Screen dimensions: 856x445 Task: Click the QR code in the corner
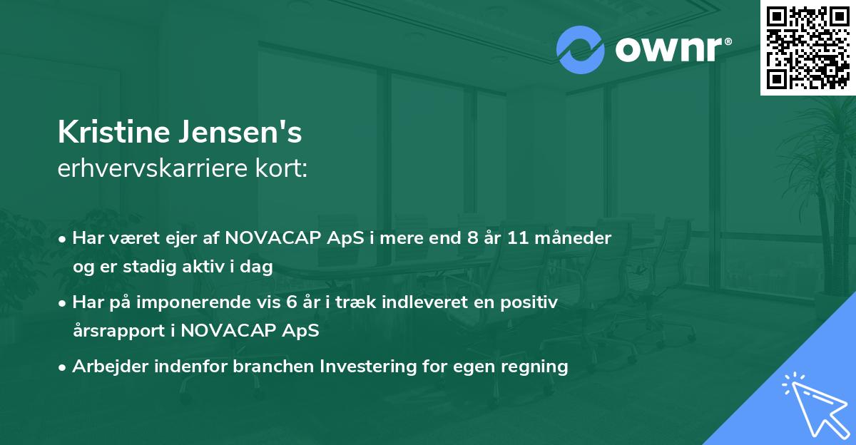(x=808, y=48)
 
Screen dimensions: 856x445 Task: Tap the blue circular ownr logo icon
(x=580, y=50)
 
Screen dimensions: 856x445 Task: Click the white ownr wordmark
(x=673, y=50)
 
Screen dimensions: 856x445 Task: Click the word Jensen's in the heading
(x=240, y=132)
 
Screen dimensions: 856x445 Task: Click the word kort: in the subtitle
(x=281, y=168)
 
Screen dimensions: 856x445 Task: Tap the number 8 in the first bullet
(x=472, y=238)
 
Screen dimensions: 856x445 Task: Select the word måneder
(x=573, y=238)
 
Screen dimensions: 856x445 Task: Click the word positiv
(x=529, y=302)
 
